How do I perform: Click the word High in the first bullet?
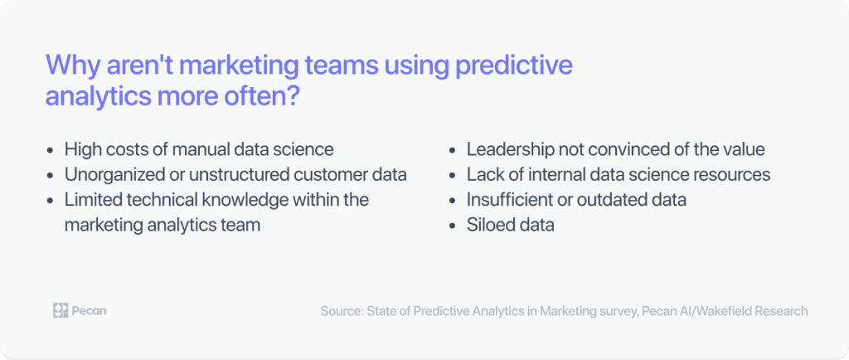[82, 150]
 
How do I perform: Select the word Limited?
[94, 200]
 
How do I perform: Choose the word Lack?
[485, 175]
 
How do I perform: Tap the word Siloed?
[492, 225]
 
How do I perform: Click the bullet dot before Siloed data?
[453, 226]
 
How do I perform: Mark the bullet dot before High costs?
[51, 151]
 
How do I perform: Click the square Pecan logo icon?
[60, 311]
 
